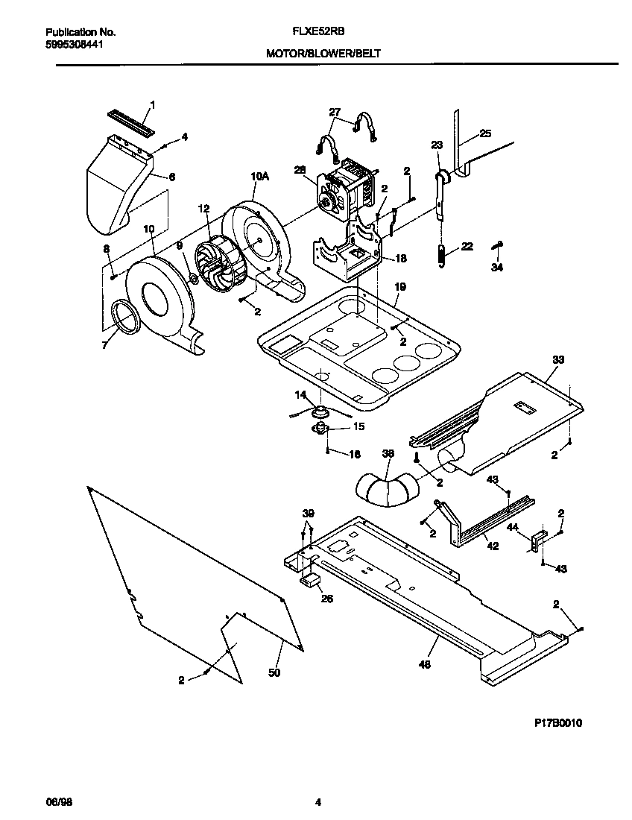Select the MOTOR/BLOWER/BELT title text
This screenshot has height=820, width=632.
323,54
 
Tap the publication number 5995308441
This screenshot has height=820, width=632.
74,44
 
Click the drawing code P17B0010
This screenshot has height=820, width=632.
557,723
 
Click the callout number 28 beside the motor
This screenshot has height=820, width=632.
300,170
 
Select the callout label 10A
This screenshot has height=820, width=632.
259,176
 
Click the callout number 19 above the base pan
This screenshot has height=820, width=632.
399,286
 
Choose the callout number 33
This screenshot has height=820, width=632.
558,360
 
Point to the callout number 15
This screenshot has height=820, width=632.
358,427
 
